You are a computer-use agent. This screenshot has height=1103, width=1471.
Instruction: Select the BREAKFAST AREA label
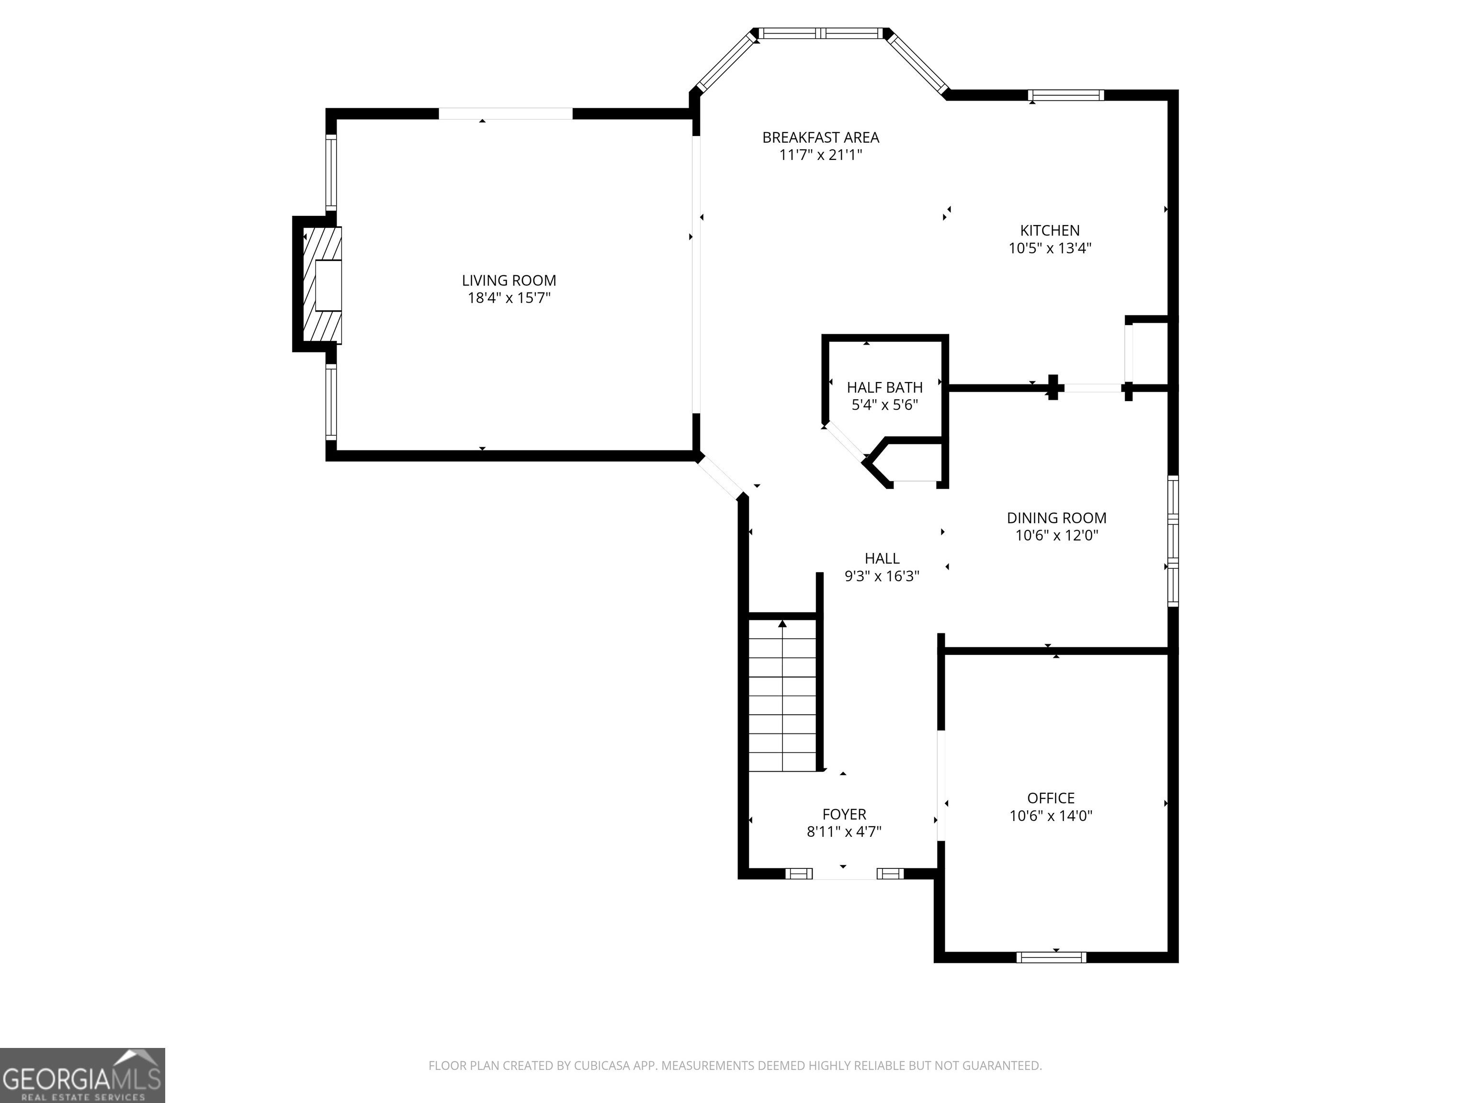pos(821,137)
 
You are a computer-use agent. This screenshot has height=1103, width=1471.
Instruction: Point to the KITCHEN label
pos(1050,231)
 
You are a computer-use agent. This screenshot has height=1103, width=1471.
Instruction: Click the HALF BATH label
pos(884,387)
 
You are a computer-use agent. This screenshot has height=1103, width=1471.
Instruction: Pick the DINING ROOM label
pos(1057,518)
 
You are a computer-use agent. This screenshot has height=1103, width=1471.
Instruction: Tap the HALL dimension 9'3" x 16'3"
pos(882,576)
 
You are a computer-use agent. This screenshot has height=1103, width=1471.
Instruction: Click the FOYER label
pos(845,814)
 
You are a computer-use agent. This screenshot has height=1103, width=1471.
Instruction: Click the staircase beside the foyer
pos(783,695)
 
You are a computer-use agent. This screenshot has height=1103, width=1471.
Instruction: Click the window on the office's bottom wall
pos(1052,957)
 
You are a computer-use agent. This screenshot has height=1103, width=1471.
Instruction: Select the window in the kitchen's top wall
pos(1066,95)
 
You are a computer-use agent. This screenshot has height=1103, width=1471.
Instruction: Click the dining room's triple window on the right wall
pos(1173,541)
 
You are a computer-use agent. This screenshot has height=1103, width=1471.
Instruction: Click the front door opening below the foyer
pos(844,874)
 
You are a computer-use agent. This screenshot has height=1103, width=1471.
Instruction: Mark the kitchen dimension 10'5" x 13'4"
pos(1050,248)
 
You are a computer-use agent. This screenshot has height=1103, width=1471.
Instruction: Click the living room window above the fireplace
pos(330,173)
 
